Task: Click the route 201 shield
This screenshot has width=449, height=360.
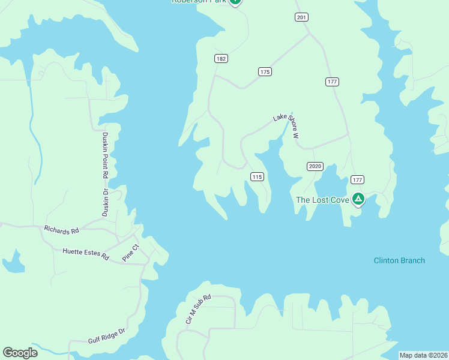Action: click(x=301, y=17)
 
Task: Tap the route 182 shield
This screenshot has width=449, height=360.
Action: click(x=221, y=58)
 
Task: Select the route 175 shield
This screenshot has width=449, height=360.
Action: click(x=265, y=71)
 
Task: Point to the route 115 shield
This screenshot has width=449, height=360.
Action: click(x=257, y=176)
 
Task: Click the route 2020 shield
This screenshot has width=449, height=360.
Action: click(x=315, y=166)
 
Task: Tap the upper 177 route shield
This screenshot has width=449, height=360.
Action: click(x=333, y=82)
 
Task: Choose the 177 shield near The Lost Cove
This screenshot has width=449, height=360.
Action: click(x=358, y=179)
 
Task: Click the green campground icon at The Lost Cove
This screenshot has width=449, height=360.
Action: click(x=358, y=199)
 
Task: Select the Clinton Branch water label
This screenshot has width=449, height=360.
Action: click(x=399, y=260)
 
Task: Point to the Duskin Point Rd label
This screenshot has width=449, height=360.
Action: click(x=105, y=155)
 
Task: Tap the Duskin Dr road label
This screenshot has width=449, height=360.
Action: click(x=104, y=202)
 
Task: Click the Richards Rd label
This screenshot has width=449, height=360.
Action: click(x=62, y=230)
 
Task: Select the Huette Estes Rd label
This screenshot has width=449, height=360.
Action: click(x=86, y=254)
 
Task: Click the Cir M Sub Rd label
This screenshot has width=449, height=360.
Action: click(x=199, y=310)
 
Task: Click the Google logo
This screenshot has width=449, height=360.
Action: click(x=20, y=353)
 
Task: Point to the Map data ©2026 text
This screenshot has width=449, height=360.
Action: click(x=423, y=355)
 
